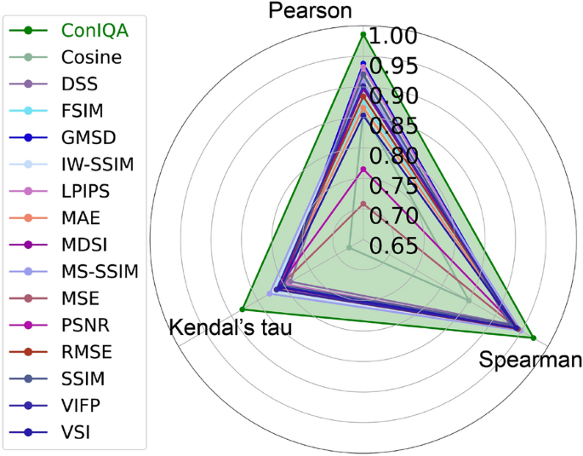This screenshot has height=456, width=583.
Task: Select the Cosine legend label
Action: (x=91, y=58)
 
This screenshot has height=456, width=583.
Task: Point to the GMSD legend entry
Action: (x=89, y=138)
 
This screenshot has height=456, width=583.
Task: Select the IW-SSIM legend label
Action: (x=97, y=165)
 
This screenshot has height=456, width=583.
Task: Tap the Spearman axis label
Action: (x=530, y=360)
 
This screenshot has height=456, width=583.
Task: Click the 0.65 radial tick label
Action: (x=395, y=246)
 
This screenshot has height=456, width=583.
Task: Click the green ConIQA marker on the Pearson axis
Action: (x=363, y=35)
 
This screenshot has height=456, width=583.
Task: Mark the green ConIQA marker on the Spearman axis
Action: (x=533, y=338)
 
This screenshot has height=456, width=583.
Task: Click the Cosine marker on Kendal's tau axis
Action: (x=349, y=248)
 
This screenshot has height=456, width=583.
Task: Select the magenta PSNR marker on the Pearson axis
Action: (x=363, y=170)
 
